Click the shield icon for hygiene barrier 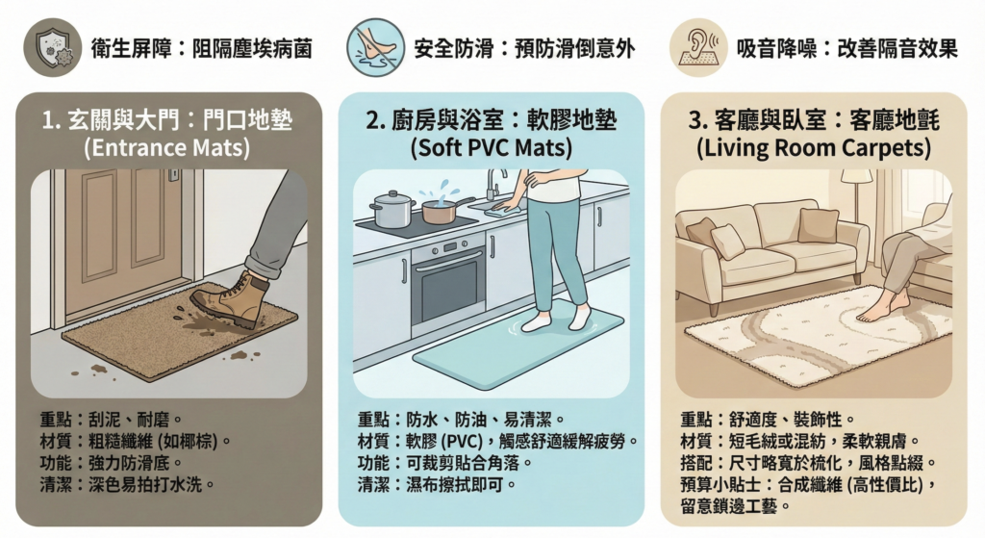tap(53, 47)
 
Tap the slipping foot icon tap(376, 47)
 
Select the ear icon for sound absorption tap(698, 47)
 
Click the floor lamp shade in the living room tap(856, 176)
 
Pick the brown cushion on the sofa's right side tap(818, 225)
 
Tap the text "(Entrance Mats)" tap(167, 148)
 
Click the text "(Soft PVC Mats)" tap(492, 148)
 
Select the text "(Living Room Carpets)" tap(814, 148)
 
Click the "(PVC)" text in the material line tap(462, 441)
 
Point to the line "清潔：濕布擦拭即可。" tap(438, 484)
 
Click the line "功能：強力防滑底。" tap(112, 463)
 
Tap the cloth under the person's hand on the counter tap(506, 211)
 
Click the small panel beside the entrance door tap(173, 175)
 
